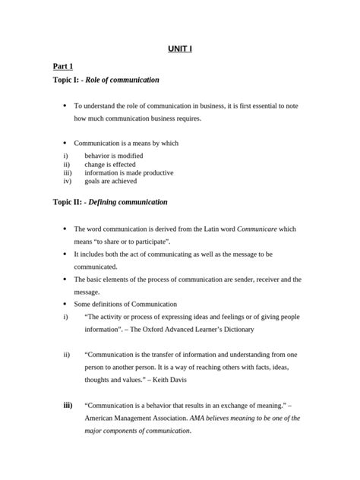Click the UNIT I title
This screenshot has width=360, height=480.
coord(180,50)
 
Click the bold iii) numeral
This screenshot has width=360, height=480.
coord(67,406)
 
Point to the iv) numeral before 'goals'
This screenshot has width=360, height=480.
coord(68,181)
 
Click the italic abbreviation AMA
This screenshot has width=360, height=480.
coord(201,418)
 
